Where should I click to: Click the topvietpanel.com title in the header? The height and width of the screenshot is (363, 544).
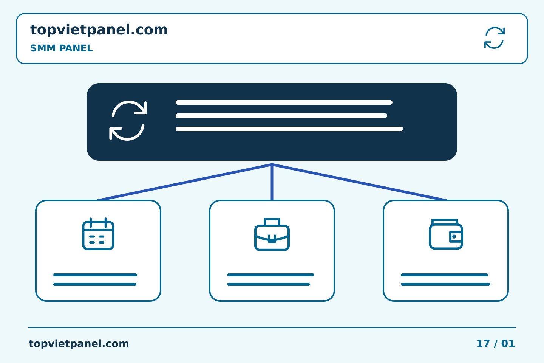[99, 30]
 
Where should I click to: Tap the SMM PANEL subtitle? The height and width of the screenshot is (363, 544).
[62, 48]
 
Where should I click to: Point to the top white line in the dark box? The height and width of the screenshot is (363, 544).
[284, 102]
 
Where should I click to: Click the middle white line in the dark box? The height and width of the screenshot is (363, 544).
[281, 115]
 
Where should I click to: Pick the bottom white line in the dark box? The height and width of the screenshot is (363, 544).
[289, 129]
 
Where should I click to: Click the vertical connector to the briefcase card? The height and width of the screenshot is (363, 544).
[272, 182]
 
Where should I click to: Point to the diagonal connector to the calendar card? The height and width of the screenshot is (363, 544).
[185, 182]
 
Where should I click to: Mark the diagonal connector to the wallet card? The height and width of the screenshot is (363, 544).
[359, 182]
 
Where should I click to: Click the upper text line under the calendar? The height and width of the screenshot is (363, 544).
[95, 275]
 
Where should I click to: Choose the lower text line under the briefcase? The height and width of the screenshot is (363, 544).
[268, 284]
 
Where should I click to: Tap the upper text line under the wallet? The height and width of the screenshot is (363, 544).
[444, 275]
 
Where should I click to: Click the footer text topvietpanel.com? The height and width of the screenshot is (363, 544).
[79, 344]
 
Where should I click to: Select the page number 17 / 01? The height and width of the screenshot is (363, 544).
[495, 344]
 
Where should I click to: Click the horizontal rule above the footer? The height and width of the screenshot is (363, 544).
[272, 327]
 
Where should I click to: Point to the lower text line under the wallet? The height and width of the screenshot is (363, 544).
[445, 284]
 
